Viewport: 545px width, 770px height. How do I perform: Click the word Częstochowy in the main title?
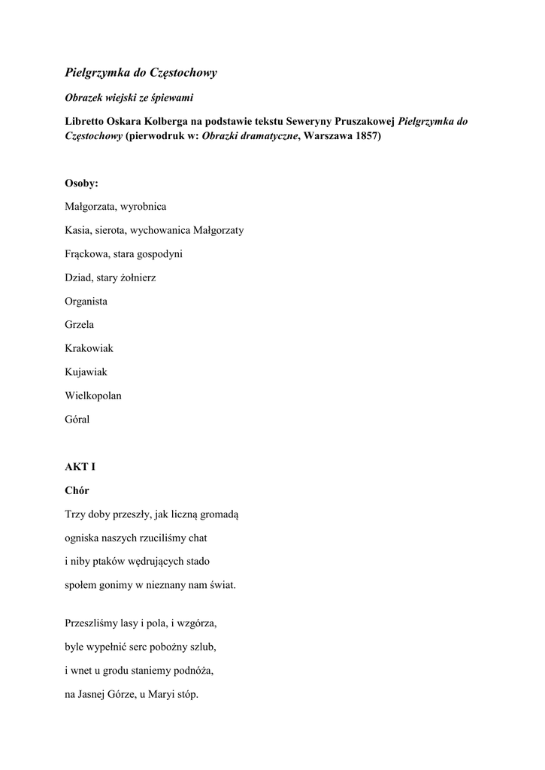click(181, 73)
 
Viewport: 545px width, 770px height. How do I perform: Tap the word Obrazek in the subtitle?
click(83, 98)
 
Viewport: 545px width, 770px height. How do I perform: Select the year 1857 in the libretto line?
click(365, 138)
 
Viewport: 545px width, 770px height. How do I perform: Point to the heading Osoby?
click(80, 183)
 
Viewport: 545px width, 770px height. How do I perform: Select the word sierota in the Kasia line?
click(109, 230)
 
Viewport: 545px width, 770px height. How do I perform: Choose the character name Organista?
click(86, 302)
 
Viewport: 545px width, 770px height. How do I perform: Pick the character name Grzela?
click(79, 325)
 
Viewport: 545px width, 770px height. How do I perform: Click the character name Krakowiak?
click(89, 349)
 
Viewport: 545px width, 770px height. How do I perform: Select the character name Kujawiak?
click(86, 372)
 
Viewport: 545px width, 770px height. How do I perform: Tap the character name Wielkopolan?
click(93, 396)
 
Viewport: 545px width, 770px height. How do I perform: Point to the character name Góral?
click(77, 420)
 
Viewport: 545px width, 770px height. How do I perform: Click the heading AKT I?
click(80, 467)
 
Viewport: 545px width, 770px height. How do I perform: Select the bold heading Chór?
click(77, 490)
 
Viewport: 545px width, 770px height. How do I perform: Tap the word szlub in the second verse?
click(213, 647)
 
